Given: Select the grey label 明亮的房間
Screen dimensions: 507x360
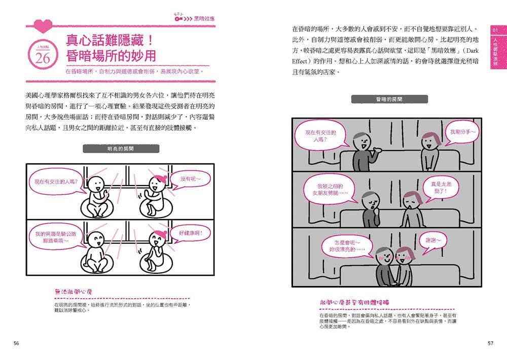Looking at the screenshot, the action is pos(121,149).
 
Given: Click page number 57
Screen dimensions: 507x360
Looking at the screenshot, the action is pos(490,343).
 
